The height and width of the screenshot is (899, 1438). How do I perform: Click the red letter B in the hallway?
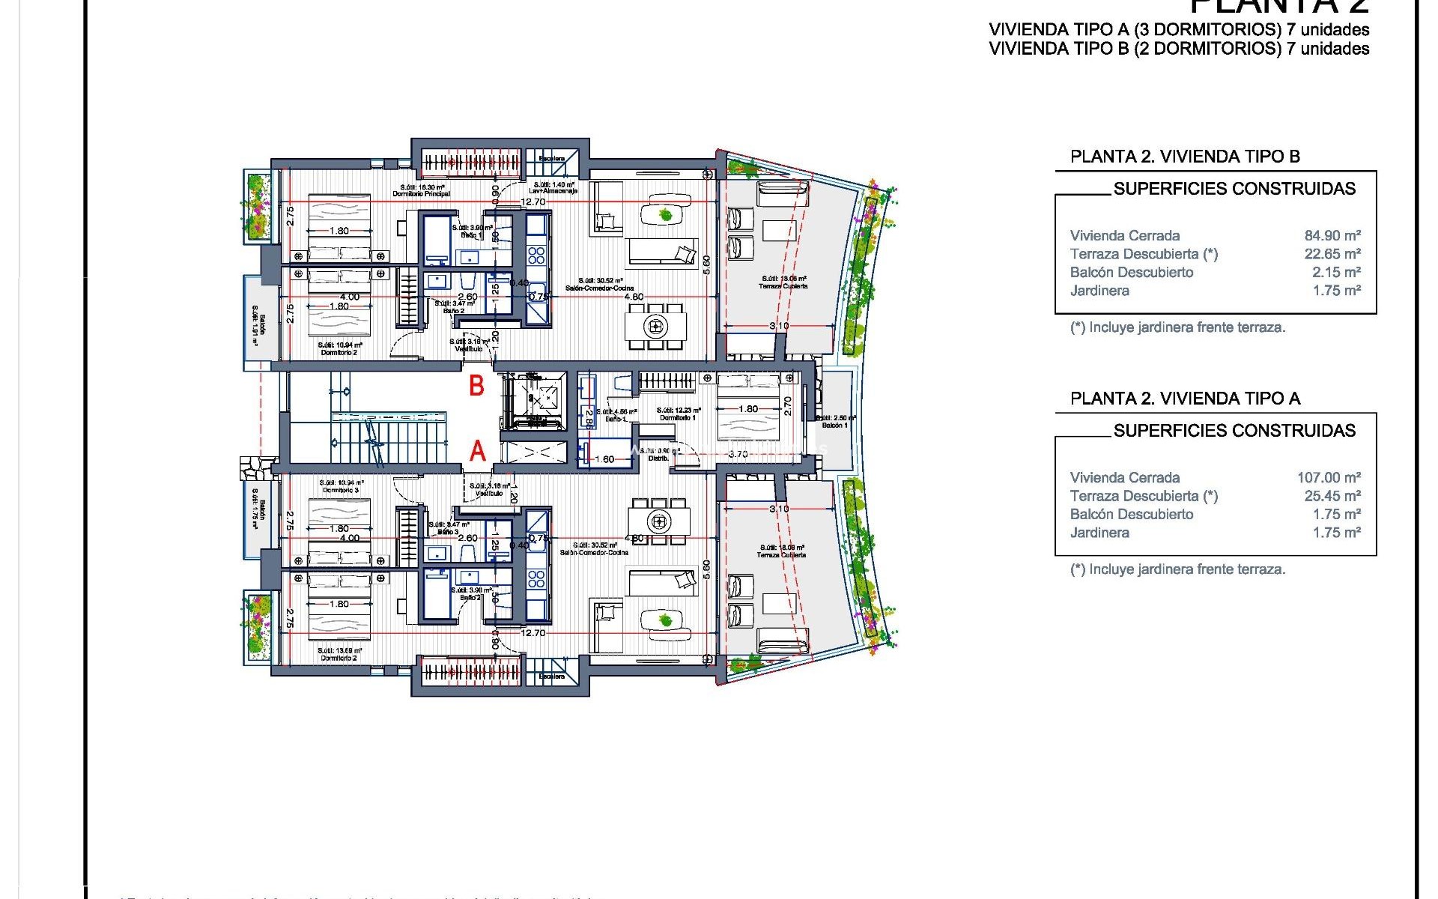[x=476, y=386]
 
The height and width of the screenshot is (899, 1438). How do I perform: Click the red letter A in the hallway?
[x=478, y=451]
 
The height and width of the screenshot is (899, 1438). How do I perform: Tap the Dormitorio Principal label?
[x=422, y=194]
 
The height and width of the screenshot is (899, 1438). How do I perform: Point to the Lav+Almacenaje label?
[x=553, y=191]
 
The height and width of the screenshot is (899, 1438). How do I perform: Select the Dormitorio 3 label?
[x=341, y=490]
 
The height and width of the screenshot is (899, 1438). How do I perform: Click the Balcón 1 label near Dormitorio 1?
[x=834, y=426]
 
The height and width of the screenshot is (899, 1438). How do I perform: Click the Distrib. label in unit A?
[x=658, y=458]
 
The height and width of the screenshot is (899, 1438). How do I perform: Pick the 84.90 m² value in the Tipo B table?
[x=1332, y=235]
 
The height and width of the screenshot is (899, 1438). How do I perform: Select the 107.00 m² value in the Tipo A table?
[x=1329, y=477]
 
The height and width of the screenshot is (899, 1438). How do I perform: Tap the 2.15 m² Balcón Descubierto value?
[x=1336, y=272]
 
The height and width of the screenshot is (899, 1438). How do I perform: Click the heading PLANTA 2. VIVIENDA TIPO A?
[x=1185, y=399]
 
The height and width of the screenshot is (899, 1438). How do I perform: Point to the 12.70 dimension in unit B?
[x=533, y=202]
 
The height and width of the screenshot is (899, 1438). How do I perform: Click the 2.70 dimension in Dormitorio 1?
[x=787, y=406]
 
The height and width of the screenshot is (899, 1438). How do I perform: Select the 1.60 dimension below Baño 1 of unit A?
[x=604, y=459]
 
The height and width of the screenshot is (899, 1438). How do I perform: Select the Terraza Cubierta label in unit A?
[x=782, y=555]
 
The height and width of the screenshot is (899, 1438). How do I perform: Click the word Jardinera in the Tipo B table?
[x=1099, y=291]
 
